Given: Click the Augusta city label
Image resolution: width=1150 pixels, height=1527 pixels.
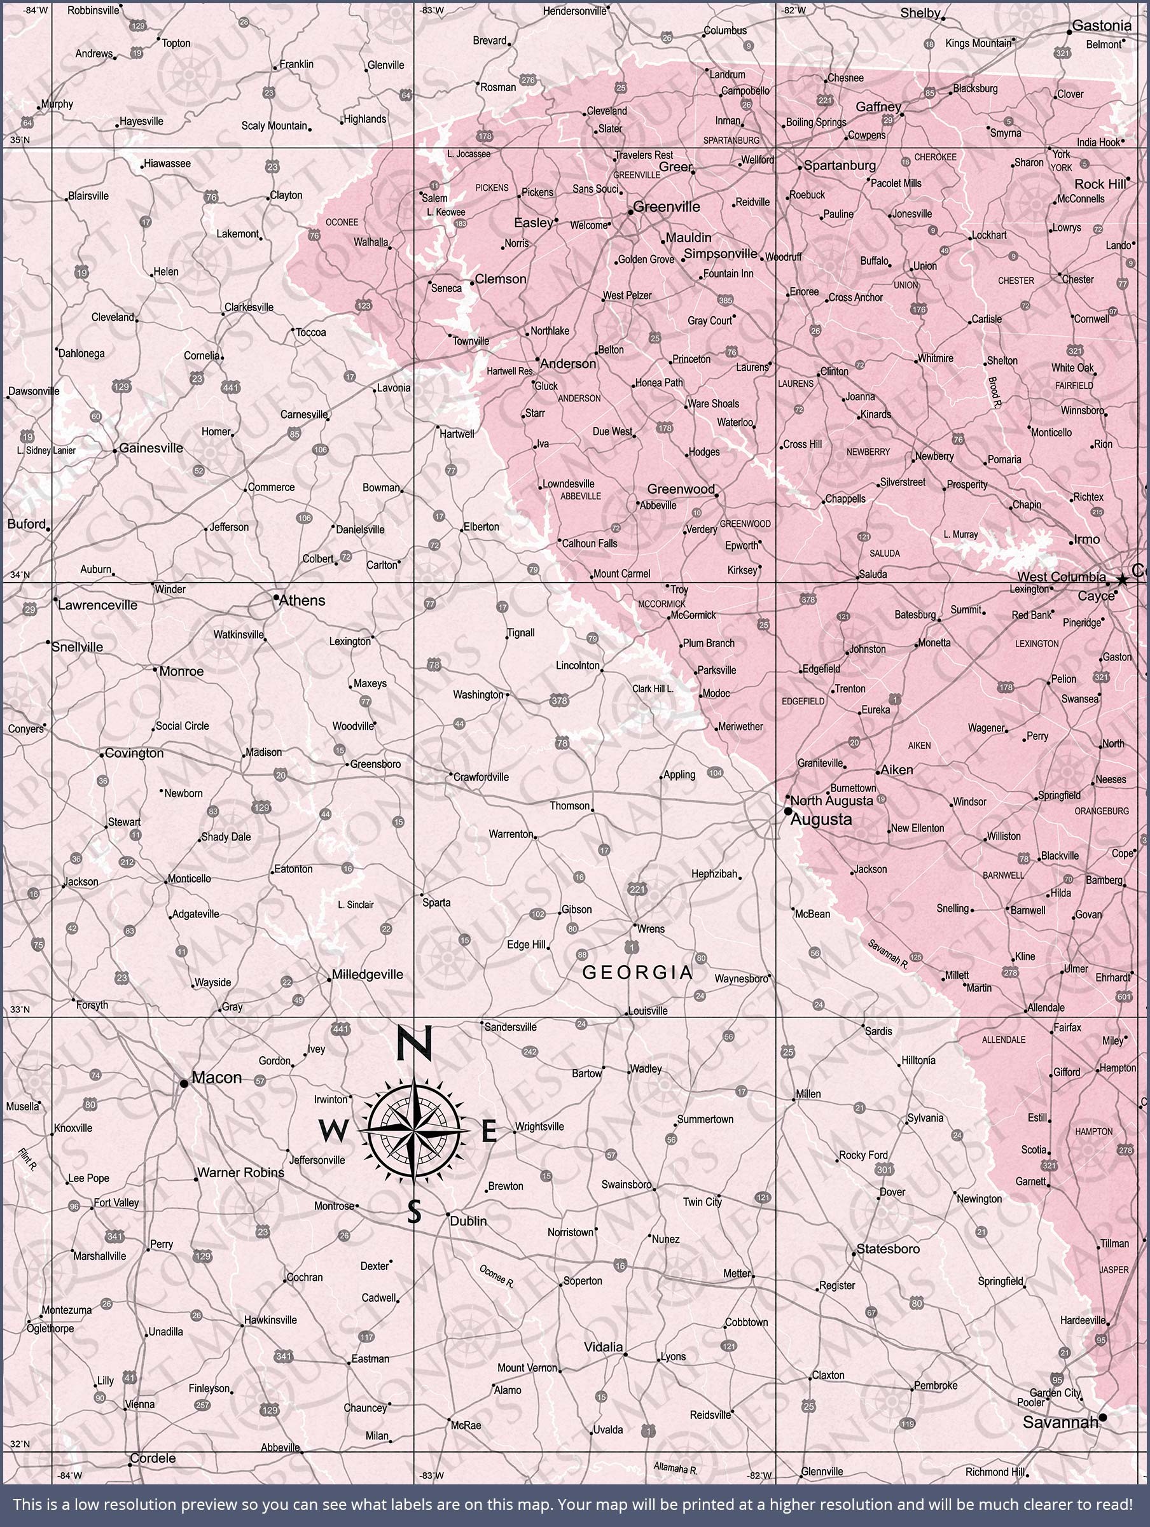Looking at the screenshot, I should click(821, 819).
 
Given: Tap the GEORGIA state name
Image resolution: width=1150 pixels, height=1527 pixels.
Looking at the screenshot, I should click(637, 973).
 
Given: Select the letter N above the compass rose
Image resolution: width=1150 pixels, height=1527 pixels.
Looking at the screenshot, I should click(414, 1044).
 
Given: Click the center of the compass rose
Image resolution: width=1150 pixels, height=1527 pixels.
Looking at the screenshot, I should click(414, 1130).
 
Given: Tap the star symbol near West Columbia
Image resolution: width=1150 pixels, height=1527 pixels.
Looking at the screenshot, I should click(1123, 579).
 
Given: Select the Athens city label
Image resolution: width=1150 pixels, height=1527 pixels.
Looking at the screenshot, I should click(301, 601).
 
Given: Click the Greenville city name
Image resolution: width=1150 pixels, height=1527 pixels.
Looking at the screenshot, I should click(666, 206).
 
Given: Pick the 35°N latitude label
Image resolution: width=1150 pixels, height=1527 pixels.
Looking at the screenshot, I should click(20, 140).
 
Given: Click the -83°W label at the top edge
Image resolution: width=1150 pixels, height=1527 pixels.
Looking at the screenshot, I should click(432, 10).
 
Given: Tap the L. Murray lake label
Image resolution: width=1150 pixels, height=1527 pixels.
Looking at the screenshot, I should click(960, 534).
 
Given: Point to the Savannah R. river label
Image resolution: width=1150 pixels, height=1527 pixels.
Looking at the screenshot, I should click(889, 954).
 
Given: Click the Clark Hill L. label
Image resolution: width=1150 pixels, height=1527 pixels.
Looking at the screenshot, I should click(653, 689).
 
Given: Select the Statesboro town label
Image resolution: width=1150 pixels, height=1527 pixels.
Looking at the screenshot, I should click(888, 1249).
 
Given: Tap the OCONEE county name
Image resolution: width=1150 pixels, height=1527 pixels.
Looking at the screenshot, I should click(342, 222).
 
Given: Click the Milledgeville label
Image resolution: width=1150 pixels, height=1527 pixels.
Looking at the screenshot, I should click(367, 975).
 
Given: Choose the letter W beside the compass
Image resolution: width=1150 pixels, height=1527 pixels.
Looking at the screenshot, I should click(333, 1131).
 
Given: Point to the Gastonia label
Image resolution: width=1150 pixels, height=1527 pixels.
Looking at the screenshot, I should click(1102, 25).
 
